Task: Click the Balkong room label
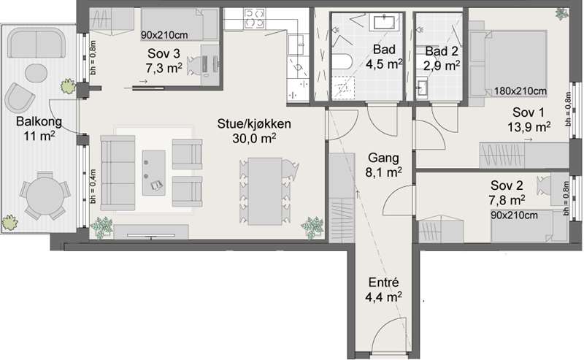coord(39,121)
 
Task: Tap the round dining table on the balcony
coord(45,195)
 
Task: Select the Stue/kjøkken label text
coord(254,124)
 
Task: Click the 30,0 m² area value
coord(254,138)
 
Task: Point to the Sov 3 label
coord(164,53)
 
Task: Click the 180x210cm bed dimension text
coord(520,91)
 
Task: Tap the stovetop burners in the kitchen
coord(255,19)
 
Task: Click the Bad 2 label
coord(442,51)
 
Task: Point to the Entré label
coord(383,283)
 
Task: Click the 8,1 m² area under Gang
coord(383,172)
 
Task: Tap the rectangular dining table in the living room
coord(265,191)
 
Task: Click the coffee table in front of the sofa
coord(153,172)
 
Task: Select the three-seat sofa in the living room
coord(118,173)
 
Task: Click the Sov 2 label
coord(507,185)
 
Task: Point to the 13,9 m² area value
coord(529,127)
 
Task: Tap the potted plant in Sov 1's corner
coord(561,14)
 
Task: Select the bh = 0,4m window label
coord(93,186)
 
